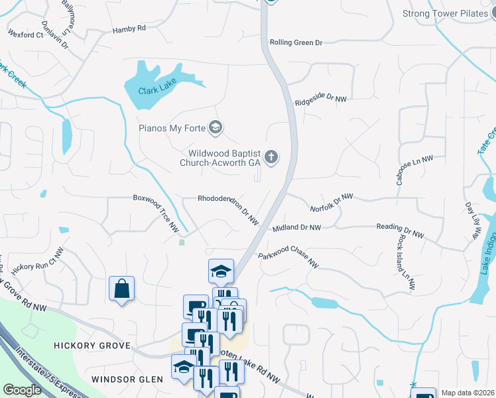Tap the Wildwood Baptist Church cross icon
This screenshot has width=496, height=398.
[271, 157]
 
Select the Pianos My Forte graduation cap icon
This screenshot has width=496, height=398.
[215, 127]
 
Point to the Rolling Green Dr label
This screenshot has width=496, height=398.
[296, 42]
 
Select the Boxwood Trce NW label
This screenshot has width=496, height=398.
[156, 212]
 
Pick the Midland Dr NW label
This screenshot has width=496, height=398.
[296, 228]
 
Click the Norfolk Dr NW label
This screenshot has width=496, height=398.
[332, 203]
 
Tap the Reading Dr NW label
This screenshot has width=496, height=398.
[400, 230]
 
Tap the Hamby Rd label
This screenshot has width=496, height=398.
[129, 29]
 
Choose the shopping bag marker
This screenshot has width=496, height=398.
[122, 289]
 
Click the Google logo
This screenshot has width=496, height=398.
[22, 390]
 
